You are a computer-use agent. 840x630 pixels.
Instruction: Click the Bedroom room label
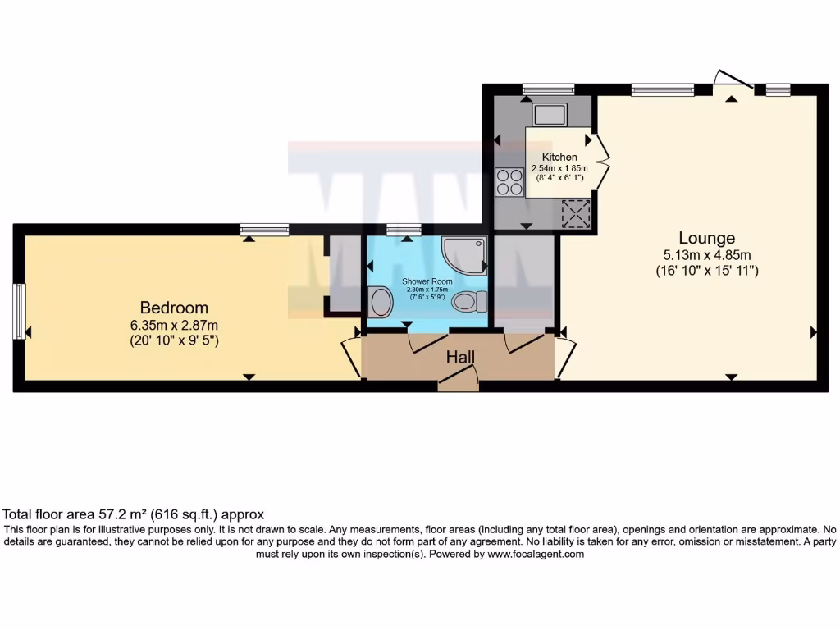coord(174,308)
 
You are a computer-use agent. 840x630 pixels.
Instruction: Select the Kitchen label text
coord(559,157)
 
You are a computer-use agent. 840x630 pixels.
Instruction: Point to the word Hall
coord(459,358)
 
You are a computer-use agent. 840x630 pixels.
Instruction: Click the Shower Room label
coord(422,281)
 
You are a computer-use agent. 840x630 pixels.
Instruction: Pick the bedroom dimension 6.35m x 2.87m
coord(174,324)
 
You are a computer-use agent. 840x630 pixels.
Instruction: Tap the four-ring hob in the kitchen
coord(509,181)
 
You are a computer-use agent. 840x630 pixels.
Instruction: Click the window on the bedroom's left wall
coord(19,311)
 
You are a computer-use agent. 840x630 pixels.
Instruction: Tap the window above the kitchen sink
coord(548,89)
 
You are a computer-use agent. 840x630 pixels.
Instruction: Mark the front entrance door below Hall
coord(458,379)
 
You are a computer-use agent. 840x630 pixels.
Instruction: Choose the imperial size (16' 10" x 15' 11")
coord(706,270)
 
